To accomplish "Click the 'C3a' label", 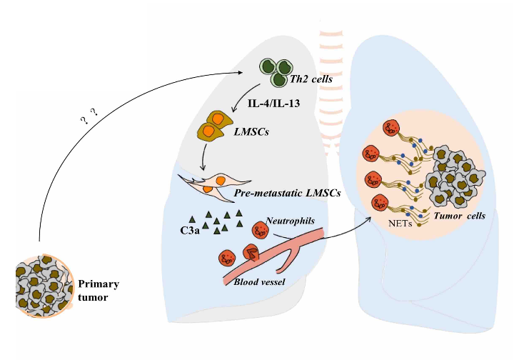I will [189, 231].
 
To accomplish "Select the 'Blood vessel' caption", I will [260, 282].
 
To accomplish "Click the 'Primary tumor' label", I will [99, 290].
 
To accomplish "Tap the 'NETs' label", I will [403, 223].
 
